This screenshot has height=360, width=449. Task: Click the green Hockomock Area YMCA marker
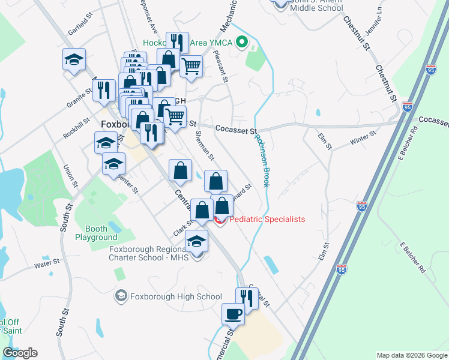pos(242,42)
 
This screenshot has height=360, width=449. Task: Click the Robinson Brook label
pos(262,160)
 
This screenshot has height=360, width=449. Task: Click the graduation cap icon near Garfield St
pos(74,59)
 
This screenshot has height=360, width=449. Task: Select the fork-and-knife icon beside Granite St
pos(105,90)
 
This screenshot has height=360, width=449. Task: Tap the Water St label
pos(47,263)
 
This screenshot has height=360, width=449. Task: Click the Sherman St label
pos(205,146)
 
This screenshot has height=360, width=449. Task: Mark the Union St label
pos(71,175)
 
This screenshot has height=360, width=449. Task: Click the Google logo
pos(20,353)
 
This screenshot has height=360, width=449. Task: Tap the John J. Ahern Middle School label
pos(324,6)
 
